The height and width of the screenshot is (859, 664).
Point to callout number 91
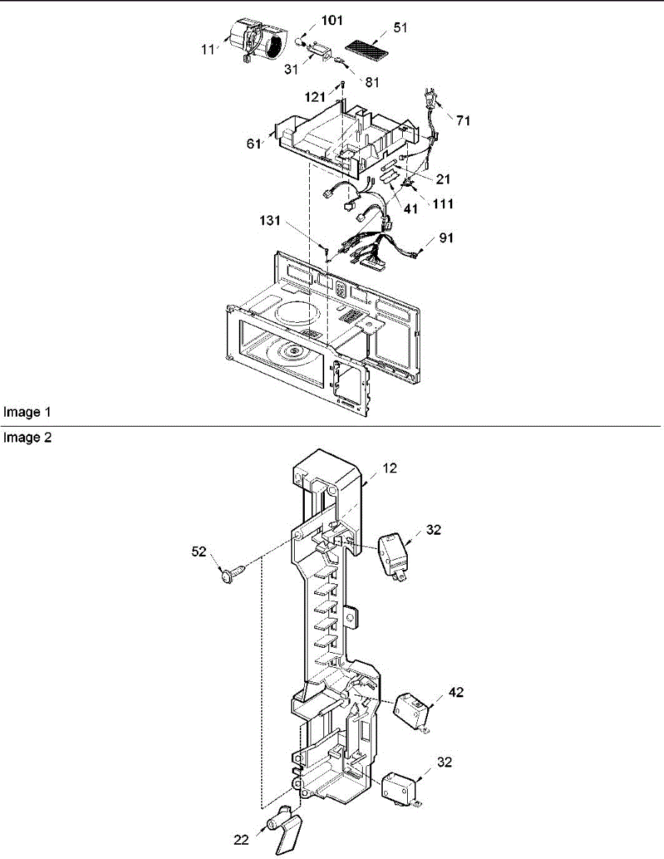pos(445,238)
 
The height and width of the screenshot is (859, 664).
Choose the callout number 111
pos(441,204)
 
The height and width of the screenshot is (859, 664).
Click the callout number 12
pos(389,468)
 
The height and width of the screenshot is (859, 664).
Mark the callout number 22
pos(241,839)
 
